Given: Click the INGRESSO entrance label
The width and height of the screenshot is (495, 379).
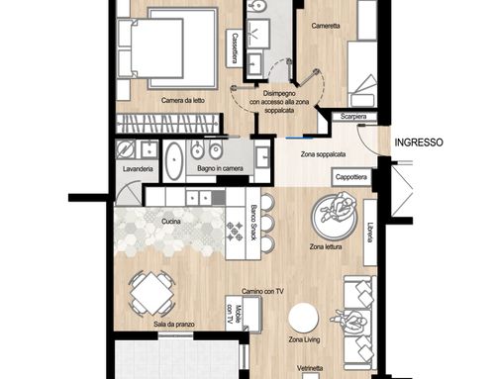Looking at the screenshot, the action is [x=419, y=142].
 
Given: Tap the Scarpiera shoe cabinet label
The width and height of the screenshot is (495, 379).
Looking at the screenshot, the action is [x=353, y=117].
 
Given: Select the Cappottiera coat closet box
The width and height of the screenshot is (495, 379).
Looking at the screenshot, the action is [x=351, y=177].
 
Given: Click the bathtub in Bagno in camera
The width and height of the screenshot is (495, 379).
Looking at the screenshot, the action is [x=174, y=161].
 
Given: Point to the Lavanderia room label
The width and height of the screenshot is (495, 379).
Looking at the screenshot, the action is [x=138, y=169].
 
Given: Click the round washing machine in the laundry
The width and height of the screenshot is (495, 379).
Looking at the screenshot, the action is [x=126, y=149].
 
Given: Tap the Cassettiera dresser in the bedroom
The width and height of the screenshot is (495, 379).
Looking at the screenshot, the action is [x=235, y=48].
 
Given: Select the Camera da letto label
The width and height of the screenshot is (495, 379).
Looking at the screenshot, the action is [x=183, y=100].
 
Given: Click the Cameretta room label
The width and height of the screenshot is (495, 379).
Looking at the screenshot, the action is [x=326, y=26].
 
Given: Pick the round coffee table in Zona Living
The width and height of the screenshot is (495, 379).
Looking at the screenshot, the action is [x=303, y=318].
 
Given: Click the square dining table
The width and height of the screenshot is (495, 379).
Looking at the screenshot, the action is [x=151, y=293].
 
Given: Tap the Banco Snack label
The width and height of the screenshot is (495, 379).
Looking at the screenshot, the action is [x=253, y=223].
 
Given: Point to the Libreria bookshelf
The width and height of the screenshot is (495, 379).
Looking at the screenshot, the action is [x=370, y=233].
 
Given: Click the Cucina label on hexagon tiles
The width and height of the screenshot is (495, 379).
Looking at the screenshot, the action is [x=171, y=222].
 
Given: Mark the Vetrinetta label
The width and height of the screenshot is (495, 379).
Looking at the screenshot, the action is [x=310, y=368].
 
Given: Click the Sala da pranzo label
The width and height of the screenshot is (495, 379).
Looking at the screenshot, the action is [x=174, y=325].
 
